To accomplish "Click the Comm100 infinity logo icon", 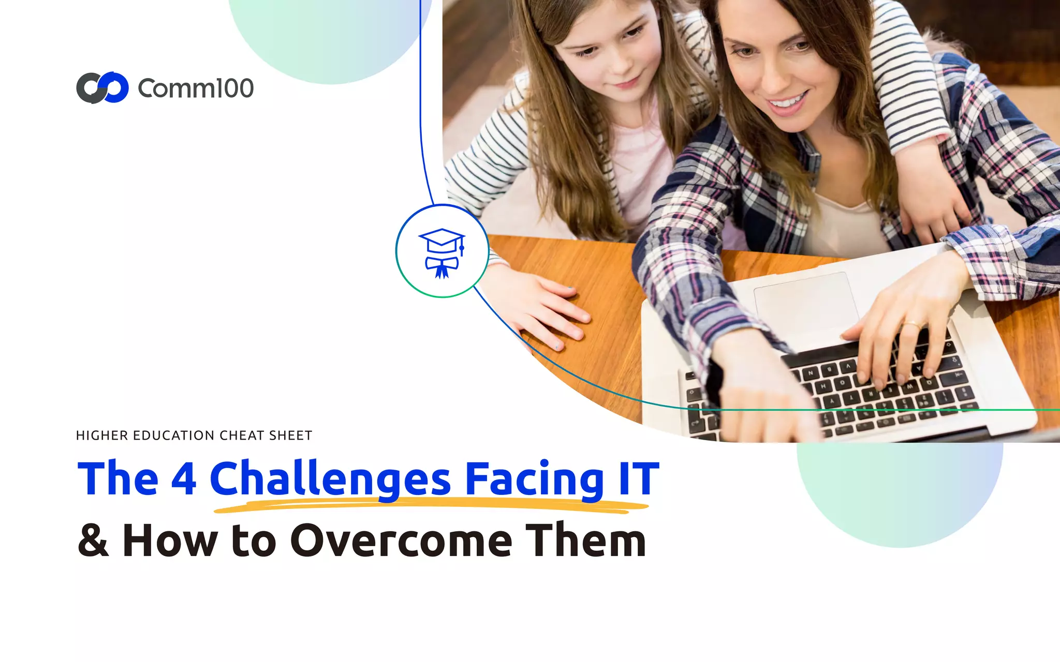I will tap(102, 88).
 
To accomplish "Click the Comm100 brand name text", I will tap(196, 88).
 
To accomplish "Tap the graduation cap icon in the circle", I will tap(442, 252).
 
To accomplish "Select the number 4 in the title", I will tap(183, 478).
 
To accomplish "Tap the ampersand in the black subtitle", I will tap(93, 540).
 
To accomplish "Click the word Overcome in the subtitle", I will tap(402, 540).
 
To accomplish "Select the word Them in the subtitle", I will tap(586, 540).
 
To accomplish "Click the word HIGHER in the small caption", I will tap(101, 435).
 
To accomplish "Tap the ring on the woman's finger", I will tap(911, 325).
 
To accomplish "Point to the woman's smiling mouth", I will tap(787, 101).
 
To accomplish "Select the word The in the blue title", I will tap(117, 478).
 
